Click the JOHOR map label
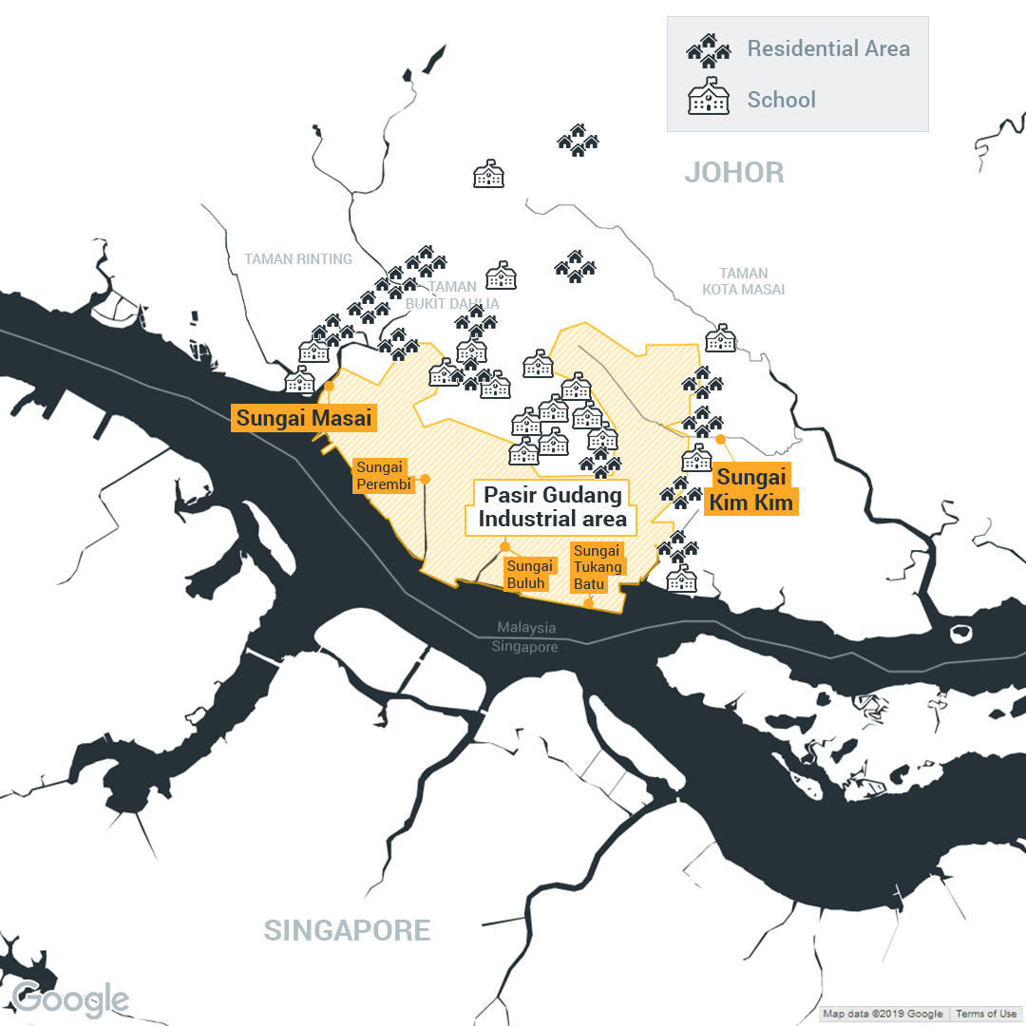pos(734,173)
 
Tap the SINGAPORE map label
pos(347,930)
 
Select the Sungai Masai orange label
pos(304,418)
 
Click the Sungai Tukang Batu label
pos(598,567)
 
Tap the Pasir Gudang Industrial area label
pos(552,507)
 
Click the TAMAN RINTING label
pos(298,259)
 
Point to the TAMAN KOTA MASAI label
pos(744,281)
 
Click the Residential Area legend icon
pos(708,49)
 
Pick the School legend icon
pos(708,100)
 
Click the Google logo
pos(71,999)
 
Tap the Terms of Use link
pos(986,1014)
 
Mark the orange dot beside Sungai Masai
pos(329,387)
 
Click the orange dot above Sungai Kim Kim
pos(720,439)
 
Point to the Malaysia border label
pos(525,628)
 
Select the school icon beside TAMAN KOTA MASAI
pos(720,337)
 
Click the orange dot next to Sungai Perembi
pos(425,479)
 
